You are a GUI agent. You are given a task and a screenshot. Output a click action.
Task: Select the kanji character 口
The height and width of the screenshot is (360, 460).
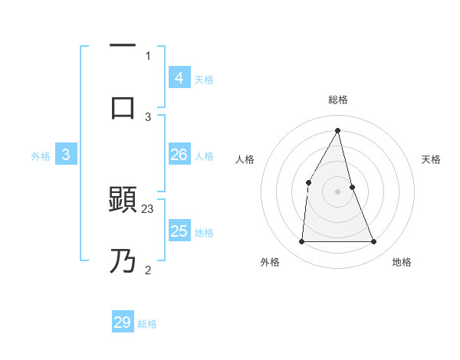pos(123,107)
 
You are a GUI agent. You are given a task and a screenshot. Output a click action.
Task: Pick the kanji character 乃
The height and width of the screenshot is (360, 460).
pos(123,261)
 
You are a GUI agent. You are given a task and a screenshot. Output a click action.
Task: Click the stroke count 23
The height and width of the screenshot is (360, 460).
pos(148,208)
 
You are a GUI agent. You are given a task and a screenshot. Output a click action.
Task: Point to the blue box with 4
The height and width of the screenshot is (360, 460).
pos(179,77)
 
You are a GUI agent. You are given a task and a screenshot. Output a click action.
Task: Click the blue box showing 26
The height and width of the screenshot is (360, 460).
pos(179,155)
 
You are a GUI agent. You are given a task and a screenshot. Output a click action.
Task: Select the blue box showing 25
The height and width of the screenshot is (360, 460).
pos(179,231)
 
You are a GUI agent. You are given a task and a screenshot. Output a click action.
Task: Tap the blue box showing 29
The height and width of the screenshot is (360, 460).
pos(123,322)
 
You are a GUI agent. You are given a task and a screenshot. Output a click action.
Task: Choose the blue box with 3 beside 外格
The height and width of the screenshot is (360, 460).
pos(66,155)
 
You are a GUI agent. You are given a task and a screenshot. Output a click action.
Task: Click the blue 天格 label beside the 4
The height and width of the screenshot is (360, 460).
pos(203,80)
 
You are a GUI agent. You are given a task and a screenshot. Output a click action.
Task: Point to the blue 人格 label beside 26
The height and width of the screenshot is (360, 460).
pos(203,156)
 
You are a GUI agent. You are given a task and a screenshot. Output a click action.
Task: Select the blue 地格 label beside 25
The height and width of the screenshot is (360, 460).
pos(204,233)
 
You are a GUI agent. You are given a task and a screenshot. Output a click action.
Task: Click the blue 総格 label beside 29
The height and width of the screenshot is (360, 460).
pos(147,325)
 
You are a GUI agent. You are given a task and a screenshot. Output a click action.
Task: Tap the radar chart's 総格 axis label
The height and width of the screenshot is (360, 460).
pos(338,100)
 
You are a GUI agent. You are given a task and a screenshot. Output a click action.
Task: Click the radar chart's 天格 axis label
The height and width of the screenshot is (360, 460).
pos(432,159)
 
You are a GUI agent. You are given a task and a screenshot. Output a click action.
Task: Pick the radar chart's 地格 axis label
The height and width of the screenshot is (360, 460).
pos(402,262)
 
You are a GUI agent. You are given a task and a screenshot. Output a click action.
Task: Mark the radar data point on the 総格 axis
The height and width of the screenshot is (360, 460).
pos(338,130)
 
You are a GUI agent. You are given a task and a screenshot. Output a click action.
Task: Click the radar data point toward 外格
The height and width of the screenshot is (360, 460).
pos(301,242)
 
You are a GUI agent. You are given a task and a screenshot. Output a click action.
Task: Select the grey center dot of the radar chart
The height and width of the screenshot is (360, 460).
pos(338,191)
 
